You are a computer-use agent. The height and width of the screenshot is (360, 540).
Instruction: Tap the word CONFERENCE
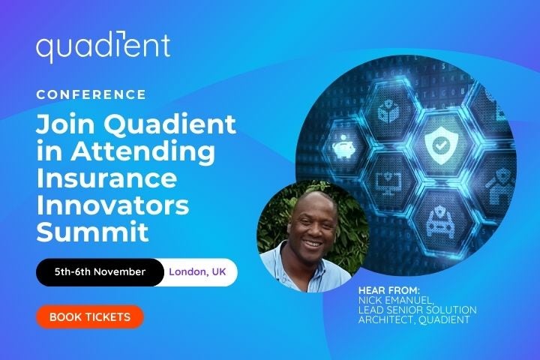tap(91, 95)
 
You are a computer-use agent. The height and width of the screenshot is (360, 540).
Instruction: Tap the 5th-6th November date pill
tap(100, 271)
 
